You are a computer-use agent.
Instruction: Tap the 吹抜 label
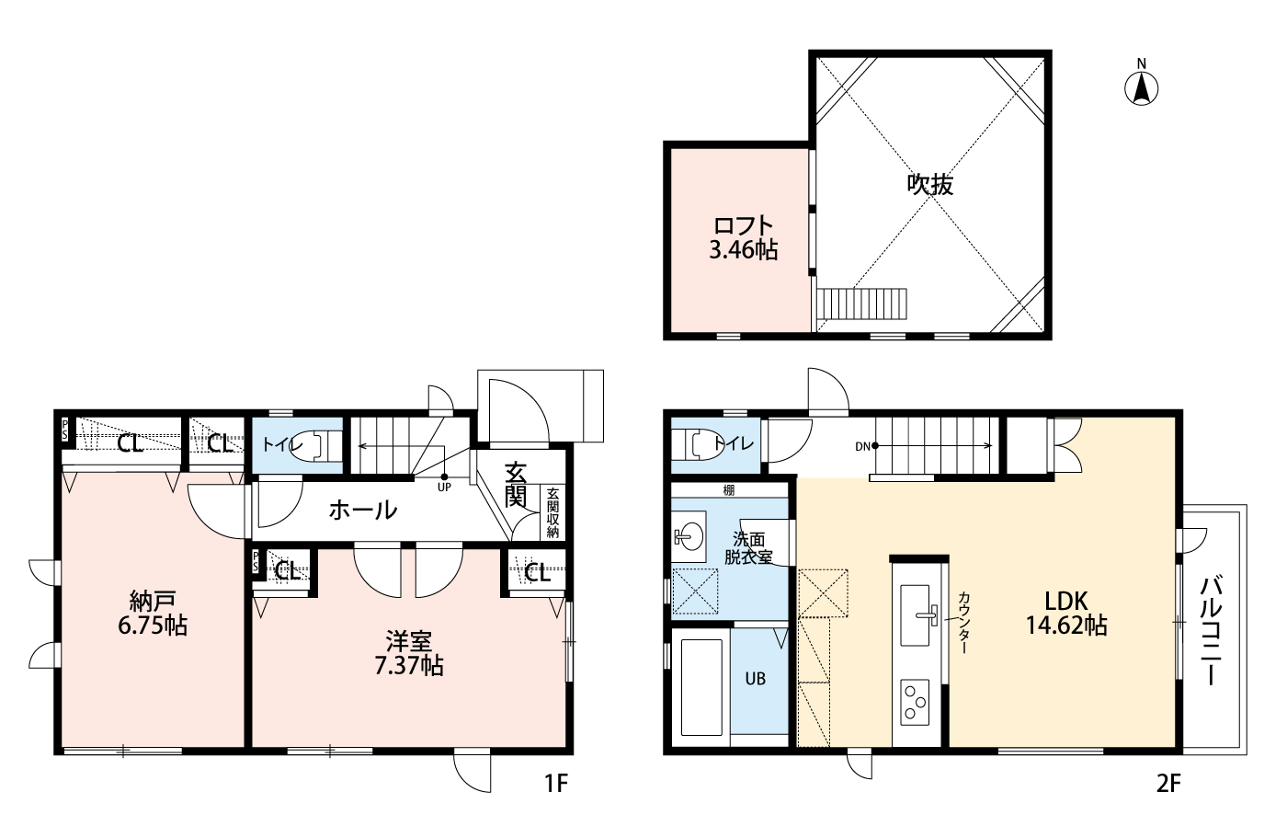click(930, 185)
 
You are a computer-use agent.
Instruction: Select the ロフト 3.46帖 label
click(744, 238)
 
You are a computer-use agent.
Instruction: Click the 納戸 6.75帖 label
click(153, 614)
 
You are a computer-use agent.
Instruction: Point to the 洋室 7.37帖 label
click(408, 653)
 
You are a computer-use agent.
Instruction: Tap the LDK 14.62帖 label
click(1066, 614)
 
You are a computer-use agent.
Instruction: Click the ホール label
click(363, 510)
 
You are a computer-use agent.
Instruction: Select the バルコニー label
click(1210, 630)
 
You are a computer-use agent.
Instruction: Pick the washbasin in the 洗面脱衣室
click(689, 537)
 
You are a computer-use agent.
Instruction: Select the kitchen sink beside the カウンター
click(915, 615)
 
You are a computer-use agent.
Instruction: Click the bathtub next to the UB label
click(700, 687)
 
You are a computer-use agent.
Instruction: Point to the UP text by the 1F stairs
click(444, 488)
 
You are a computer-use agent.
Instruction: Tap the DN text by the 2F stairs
click(862, 446)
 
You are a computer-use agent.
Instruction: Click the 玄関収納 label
click(552, 513)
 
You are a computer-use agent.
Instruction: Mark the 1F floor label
click(556, 784)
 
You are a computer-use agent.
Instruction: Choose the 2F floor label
click(1168, 784)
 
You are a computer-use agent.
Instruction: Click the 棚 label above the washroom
click(728, 490)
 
